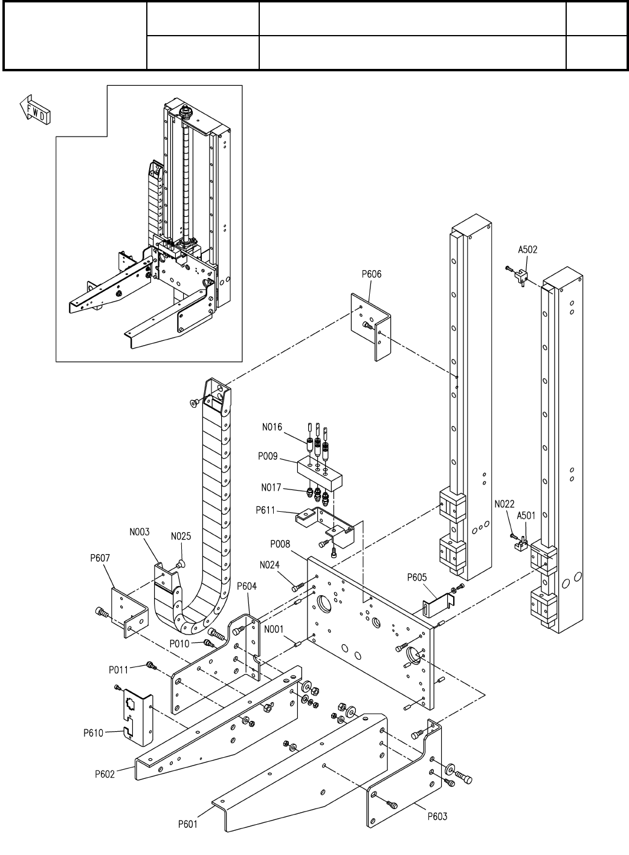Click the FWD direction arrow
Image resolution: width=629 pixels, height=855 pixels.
(x=35, y=109)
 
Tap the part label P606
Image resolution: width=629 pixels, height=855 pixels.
(x=372, y=274)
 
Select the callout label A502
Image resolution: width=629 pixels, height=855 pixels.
(x=527, y=250)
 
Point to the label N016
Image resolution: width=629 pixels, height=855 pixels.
(x=272, y=427)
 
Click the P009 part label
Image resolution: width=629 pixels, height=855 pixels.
(x=268, y=456)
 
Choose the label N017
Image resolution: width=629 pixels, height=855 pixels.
(x=271, y=488)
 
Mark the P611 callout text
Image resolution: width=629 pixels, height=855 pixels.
(x=265, y=511)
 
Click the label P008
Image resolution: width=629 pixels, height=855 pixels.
(x=280, y=544)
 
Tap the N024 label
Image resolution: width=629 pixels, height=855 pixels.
(x=269, y=565)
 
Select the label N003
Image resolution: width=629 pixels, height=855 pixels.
(x=140, y=532)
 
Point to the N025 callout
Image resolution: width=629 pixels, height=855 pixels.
(x=181, y=537)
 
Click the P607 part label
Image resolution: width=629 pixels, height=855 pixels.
(x=100, y=558)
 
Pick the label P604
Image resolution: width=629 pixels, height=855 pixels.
(x=247, y=586)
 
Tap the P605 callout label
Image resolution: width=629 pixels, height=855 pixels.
(x=417, y=577)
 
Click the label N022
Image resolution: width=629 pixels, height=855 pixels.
(x=504, y=504)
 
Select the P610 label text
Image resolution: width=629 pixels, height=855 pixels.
(x=94, y=733)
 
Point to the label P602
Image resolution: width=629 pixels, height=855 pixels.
(x=105, y=774)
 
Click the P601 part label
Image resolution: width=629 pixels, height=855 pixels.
(x=188, y=824)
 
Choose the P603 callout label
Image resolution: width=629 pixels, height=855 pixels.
(x=437, y=816)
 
